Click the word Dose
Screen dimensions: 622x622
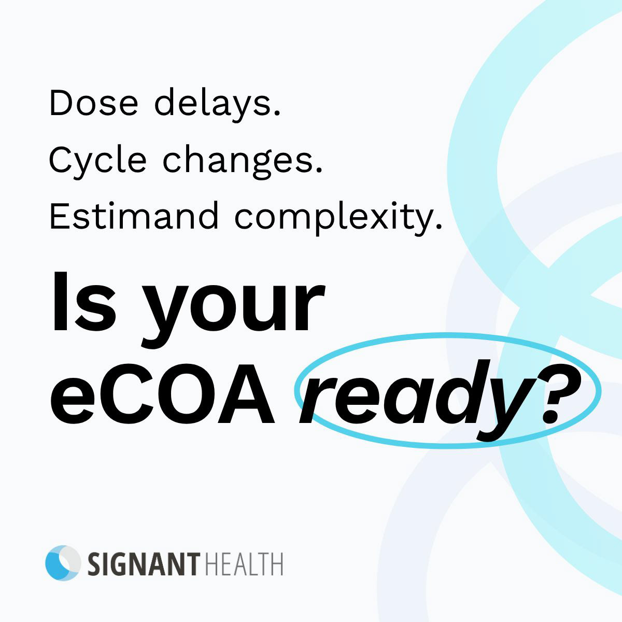pos(94,103)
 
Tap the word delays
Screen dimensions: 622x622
pos(218,104)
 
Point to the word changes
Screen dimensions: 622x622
pos(243,161)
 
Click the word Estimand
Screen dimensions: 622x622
pos(134,216)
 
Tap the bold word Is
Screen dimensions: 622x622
pos(83,302)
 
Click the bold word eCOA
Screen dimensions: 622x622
pos(162,394)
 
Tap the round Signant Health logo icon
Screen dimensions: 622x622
pos(63,563)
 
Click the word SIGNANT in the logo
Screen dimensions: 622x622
pos(144,564)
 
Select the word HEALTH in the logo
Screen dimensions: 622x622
pos(244,564)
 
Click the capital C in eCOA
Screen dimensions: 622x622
pos(122,394)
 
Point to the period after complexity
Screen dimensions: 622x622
pos(437,225)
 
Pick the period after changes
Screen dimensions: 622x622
pos(318,170)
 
